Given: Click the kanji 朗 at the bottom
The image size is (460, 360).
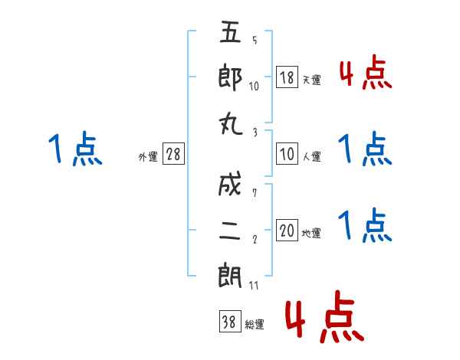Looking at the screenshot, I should point(231,277).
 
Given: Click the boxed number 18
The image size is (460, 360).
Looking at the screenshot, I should point(287,77).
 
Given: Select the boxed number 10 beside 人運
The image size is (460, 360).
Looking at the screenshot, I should point(287,155).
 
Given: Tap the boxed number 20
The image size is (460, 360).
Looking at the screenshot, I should point(287,231).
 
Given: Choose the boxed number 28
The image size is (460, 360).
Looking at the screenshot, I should point(173,155).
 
